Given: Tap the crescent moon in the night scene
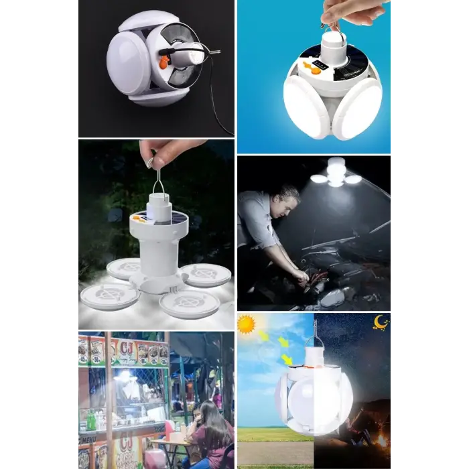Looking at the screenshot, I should pyautogui.click(x=381, y=323).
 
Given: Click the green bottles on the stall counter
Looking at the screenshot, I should pyautogui.click(x=91, y=421).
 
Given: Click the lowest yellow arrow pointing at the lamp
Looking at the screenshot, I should pyautogui.click(x=287, y=360).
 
